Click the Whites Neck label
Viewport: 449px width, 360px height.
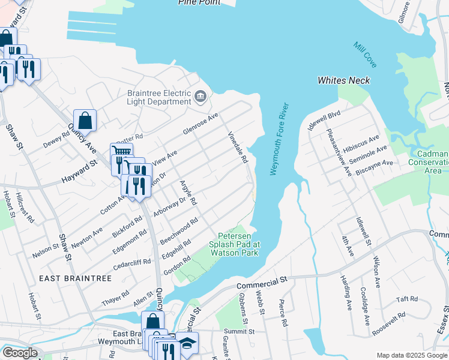click(x=343, y=80)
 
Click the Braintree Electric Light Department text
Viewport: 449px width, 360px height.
click(x=159, y=97)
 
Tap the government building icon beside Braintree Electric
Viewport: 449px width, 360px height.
click(x=200, y=95)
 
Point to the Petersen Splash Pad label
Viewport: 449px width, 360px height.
click(x=234, y=248)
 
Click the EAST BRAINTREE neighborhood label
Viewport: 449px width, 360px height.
click(x=67, y=278)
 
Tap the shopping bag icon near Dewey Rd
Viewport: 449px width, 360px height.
click(x=85, y=120)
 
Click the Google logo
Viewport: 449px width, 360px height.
click(x=19, y=353)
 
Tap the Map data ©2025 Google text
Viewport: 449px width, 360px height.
click(x=411, y=355)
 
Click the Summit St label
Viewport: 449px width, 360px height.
click(x=240, y=331)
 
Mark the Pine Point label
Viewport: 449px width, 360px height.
click(x=199, y=2)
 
